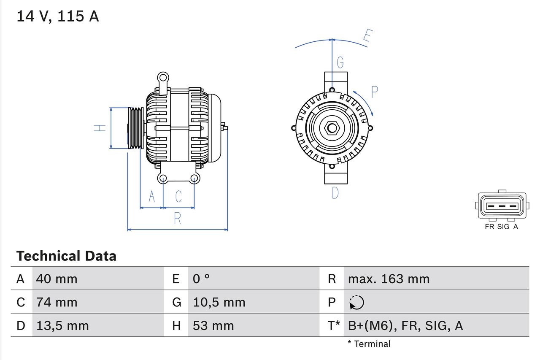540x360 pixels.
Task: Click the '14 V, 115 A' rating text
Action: tap(57, 16)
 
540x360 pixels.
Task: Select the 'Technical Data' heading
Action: tap(66, 256)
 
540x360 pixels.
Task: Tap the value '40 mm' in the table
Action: tap(57, 279)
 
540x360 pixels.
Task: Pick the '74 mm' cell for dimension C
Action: tap(57, 302)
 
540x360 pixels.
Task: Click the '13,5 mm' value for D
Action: tap(62, 325)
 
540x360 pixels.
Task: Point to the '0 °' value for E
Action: tap(201, 279)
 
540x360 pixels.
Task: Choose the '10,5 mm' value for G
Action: tap(219, 302)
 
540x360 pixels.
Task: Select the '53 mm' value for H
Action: tap(213, 325)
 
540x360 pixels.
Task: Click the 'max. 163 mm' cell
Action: tap(389, 279)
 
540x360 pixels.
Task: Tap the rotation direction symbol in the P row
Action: tap(356, 302)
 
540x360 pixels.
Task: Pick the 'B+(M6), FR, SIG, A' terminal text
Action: tap(405, 325)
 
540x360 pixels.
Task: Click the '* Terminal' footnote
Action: tap(369, 344)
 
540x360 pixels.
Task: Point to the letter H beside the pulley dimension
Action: tap(100, 128)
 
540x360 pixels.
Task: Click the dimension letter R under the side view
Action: tap(178, 218)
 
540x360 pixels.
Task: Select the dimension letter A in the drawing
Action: tap(151, 196)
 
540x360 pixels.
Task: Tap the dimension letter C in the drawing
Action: tap(178, 196)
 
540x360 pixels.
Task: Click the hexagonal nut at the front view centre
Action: tap(332, 128)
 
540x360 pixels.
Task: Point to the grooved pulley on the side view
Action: tap(136, 128)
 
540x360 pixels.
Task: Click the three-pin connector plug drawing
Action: tap(502, 206)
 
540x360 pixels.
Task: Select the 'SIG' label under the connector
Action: tap(503, 227)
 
